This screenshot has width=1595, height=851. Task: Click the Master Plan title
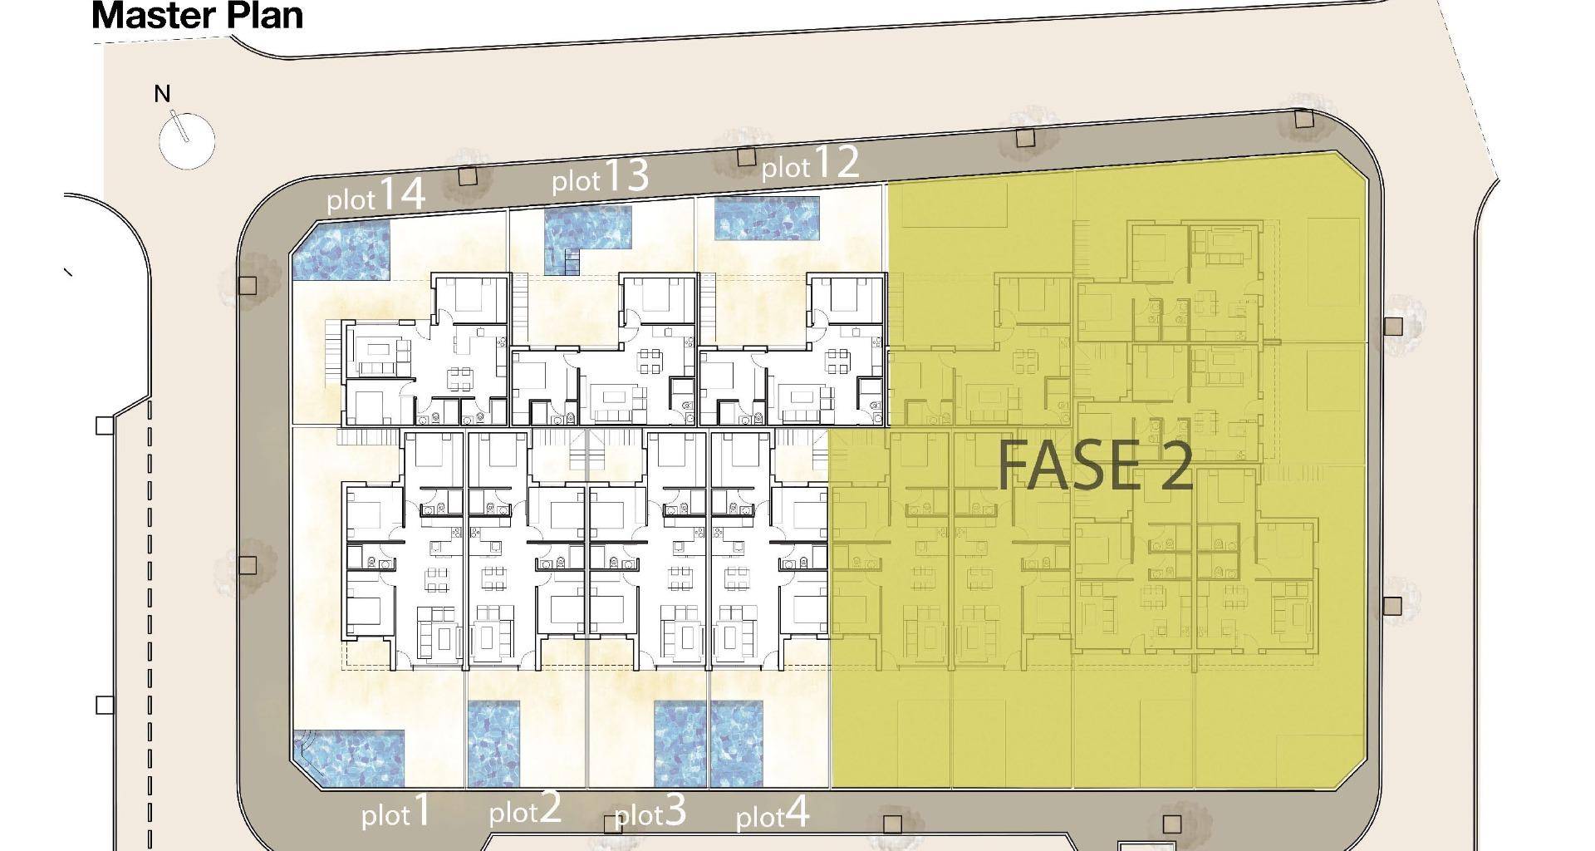pos(198,16)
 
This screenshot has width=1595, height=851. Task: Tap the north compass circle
pos(187,140)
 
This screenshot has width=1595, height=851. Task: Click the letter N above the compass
pos(163,94)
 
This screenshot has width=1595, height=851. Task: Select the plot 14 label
pos(375,195)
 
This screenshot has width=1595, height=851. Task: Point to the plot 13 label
pos(600,177)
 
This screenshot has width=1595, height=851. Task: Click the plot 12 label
pos(810,164)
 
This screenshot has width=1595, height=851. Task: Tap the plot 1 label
pos(396,812)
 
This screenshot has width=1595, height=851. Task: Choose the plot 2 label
pos(525,809)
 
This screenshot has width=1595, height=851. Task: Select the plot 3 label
pos(650,812)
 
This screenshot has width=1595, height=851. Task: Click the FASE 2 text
pos(1095,465)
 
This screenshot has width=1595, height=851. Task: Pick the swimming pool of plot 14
pos(341,250)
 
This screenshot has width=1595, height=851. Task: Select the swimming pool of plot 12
pos(768,218)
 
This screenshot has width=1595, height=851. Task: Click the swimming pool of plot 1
pos(349,759)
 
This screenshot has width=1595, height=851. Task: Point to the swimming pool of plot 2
pos(493,744)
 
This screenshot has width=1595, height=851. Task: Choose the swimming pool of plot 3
pos(680,744)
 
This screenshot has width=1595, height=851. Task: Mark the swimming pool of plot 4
pos(737,744)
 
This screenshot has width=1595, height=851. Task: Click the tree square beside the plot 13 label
pos(468,176)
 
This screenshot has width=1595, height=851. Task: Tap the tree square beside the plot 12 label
pos(746,156)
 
